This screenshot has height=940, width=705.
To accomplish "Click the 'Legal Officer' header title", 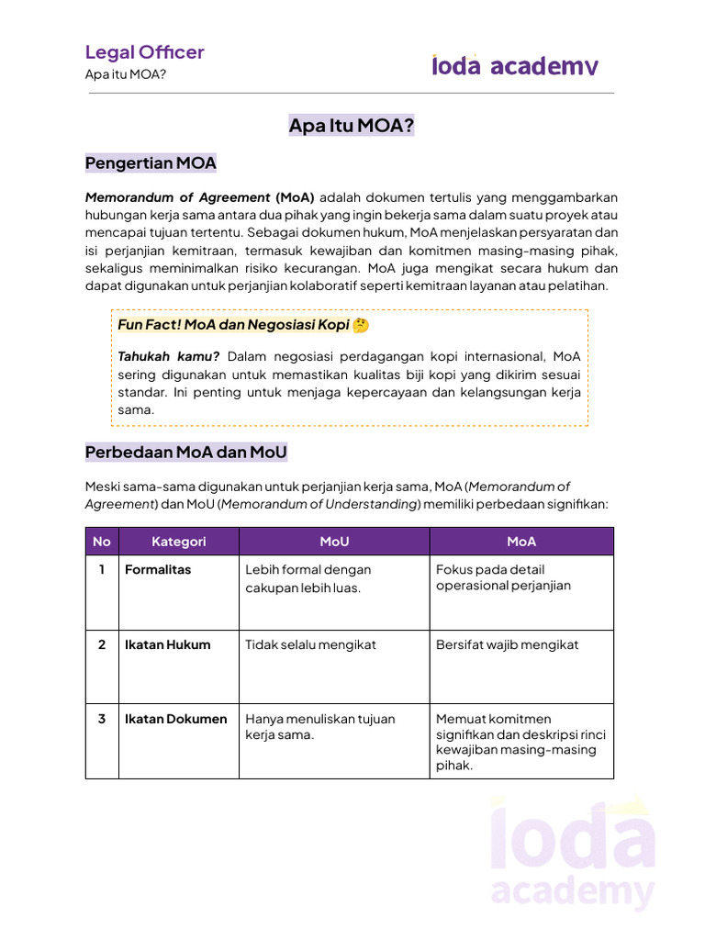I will click(x=144, y=52).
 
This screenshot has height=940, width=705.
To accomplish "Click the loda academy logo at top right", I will click(x=515, y=65).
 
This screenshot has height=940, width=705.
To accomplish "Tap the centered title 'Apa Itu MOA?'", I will click(x=352, y=126).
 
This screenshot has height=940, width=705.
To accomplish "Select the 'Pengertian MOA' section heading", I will click(x=151, y=163).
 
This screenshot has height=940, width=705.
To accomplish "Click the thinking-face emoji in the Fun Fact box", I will click(x=360, y=326).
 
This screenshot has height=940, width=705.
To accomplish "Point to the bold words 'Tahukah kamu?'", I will click(x=168, y=356).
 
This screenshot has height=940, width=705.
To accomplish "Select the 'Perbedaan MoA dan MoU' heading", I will click(x=185, y=453).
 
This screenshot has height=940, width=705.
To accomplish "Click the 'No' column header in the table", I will click(x=102, y=542).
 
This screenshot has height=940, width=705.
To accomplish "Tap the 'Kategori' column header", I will click(x=179, y=542).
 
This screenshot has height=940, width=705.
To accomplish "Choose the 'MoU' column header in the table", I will click(x=334, y=542).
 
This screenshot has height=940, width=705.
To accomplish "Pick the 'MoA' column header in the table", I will click(x=521, y=542).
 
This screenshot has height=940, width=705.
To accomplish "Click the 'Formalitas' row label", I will click(x=158, y=570).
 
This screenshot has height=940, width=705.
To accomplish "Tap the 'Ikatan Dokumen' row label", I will click(x=175, y=719).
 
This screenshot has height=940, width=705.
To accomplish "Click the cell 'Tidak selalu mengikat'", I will click(x=310, y=644).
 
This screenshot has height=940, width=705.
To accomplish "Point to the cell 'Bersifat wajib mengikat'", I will click(x=507, y=644).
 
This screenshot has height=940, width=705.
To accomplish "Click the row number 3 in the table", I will click(x=102, y=719).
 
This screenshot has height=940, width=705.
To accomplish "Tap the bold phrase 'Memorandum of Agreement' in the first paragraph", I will click(x=178, y=197).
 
